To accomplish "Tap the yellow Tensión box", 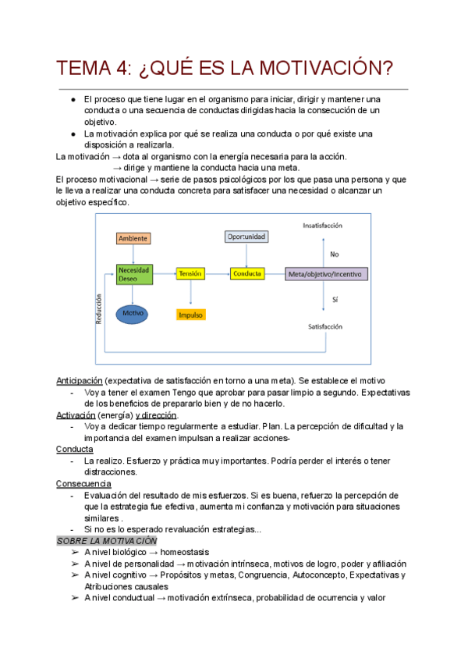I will click(190, 274).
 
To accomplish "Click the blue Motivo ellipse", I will click(133, 314).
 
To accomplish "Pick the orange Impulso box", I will click(190, 315).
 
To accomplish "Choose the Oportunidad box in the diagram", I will click(246, 236).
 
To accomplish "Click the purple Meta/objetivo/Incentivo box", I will click(328, 274).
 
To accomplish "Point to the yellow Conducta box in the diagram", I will click(246, 274).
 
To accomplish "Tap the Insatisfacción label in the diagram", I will click(323, 226).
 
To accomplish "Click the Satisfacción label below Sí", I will click(325, 326).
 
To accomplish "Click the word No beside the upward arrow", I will click(335, 254).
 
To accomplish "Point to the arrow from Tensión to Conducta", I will click(218, 274).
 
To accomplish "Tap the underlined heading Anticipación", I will click(80, 380).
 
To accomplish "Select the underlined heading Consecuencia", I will click(82, 483).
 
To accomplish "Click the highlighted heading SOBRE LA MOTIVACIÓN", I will click(107, 540).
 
